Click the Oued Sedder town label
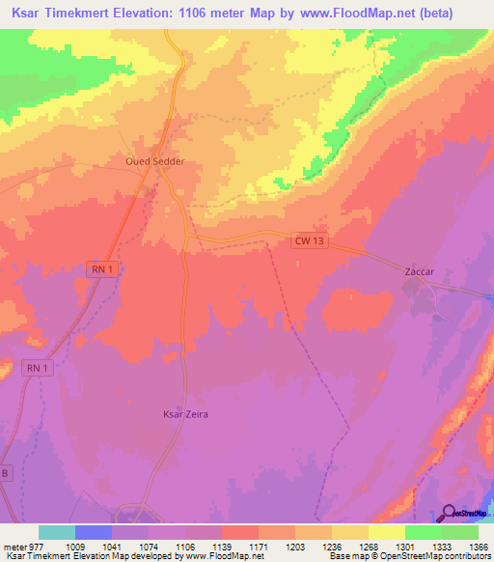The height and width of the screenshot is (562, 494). (x=154, y=162)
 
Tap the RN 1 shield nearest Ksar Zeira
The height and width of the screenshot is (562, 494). (x=38, y=368)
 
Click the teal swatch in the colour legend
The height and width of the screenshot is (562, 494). (x=57, y=532)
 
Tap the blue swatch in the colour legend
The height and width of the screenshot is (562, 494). (x=94, y=532)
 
